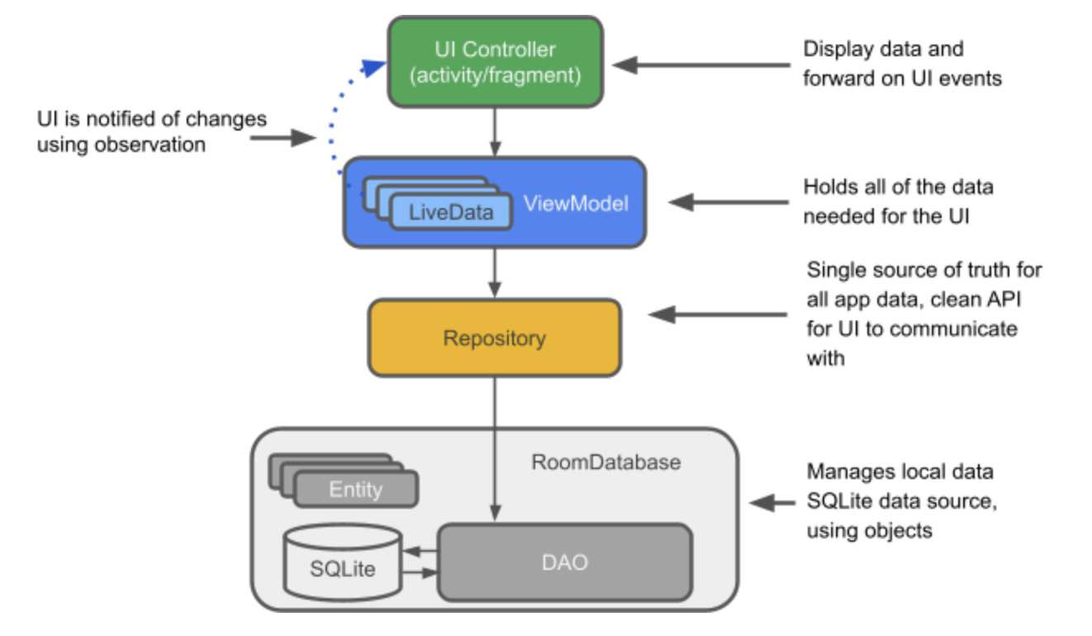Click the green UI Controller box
pyautogui.click(x=495, y=62)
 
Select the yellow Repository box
pyautogui.click(x=494, y=338)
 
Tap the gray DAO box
pyautogui.click(x=565, y=562)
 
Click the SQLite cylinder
pyautogui.click(x=342, y=562)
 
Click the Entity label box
pyautogui.click(x=356, y=489)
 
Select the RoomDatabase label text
pyautogui.click(x=605, y=462)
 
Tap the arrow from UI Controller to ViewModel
pyautogui.click(x=494, y=132)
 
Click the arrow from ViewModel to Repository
pyautogui.click(x=494, y=273)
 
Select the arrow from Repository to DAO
pyautogui.click(x=494, y=446)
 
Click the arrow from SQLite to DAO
pyautogui.click(x=419, y=572)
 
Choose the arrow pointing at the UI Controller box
pyautogui.click(x=702, y=64)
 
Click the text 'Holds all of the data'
pyautogui.click(x=898, y=187)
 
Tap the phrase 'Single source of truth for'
pyautogui.click(x=924, y=270)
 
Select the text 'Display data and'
pyautogui.click(x=883, y=49)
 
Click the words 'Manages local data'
pyautogui.click(x=900, y=472)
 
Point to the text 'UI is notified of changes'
pyautogui.click(x=152, y=119)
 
